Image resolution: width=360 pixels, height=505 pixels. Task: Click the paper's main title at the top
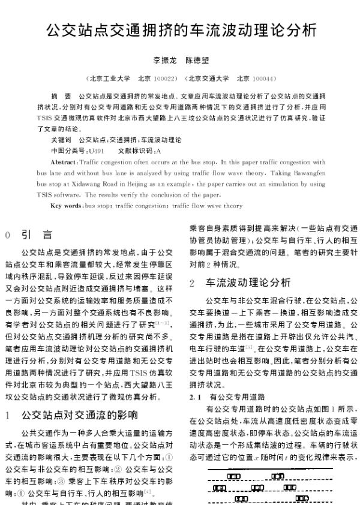pos(180,29)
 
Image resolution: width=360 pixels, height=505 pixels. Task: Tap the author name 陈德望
pos(197,61)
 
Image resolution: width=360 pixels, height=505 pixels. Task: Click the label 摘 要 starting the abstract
pos(62,96)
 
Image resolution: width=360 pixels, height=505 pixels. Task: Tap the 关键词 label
pos(61,139)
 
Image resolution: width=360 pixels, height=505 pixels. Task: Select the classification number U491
pos(97,150)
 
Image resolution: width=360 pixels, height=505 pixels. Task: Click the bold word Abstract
pos(64,162)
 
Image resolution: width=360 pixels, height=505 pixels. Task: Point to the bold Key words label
pos(67,206)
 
